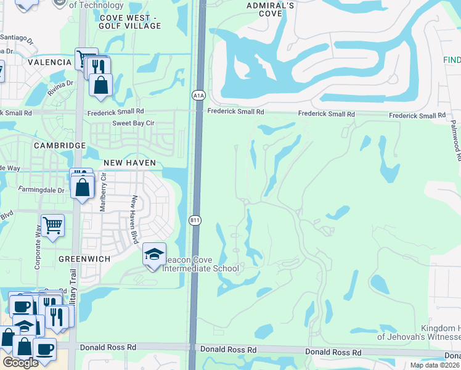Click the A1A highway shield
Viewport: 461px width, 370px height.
pos(198,95)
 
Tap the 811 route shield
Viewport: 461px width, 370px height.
pos(194,220)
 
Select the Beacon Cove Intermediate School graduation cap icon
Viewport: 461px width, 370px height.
pos(154,254)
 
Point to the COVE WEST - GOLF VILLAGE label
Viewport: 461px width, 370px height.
pos(130,22)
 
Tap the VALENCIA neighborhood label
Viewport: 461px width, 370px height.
pos(49,62)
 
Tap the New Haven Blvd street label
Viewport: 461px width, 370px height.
pos(133,220)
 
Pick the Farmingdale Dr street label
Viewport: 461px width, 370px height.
pos(41,190)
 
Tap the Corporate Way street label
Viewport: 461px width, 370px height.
pos(38,252)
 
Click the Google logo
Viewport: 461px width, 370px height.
pos(20,363)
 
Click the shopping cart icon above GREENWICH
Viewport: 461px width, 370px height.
pos(52,226)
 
